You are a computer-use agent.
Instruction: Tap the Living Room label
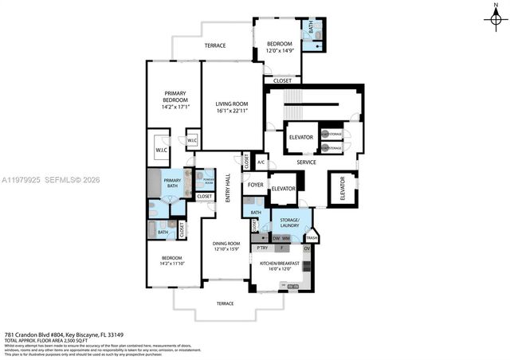pyautogui.click(x=233, y=104)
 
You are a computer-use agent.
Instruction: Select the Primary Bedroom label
pyautogui.click(x=174, y=96)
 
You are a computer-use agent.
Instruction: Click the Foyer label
pyautogui.click(x=255, y=185)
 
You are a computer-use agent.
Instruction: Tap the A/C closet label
pyautogui.click(x=261, y=162)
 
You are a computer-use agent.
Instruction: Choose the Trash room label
pyautogui.click(x=312, y=237)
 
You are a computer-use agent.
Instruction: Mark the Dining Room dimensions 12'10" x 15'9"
pyautogui.click(x=226, y=250)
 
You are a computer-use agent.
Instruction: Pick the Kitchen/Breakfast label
pyautogui.click(x=278, y=264)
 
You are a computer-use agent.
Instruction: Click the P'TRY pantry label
pyautogui.click(x=262, y=248)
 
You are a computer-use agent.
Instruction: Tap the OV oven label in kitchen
pyautogui.click(x=306, y=248)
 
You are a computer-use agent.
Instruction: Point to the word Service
pyautogui.click(x=307, y=162)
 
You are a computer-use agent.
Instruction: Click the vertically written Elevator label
pyautogui.click(x=343, y=190)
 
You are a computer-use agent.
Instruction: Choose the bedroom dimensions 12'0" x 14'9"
pyautogui.click(x=280, y=51)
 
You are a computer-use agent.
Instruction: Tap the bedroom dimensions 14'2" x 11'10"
pyautogui.click(x=172, y=264)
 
